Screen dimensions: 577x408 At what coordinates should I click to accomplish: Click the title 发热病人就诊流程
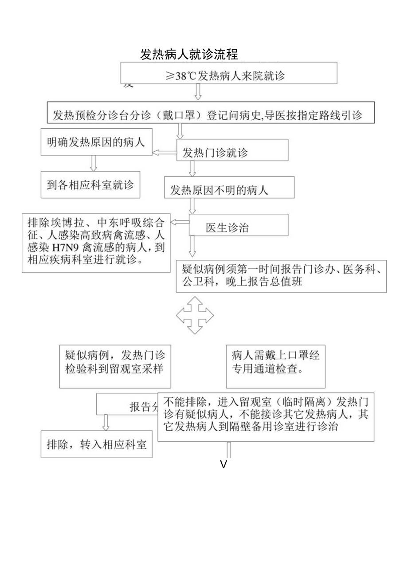click(x=189, y=55)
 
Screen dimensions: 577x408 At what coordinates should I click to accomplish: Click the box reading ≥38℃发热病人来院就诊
click(x=229, y=75)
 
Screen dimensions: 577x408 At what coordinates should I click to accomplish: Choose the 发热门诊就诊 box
click(x=233, y=153)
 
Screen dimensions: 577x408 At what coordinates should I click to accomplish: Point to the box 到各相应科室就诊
click(x=90, y=184)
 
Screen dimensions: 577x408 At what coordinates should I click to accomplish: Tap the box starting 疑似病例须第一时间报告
click(x=281, y=275)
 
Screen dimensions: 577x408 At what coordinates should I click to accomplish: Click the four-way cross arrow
click(x=195, y=315)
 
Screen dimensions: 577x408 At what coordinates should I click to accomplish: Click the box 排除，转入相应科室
click(x=96, y=444)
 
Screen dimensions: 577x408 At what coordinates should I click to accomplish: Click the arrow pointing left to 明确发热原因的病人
click(x=165, y=153)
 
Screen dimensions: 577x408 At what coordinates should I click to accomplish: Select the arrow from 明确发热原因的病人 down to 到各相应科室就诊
click(x=94, y=163)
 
